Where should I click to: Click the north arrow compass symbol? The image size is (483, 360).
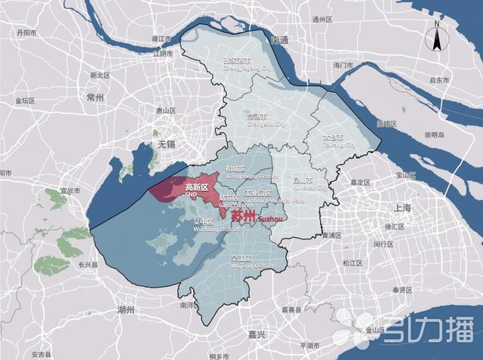coord(436,35)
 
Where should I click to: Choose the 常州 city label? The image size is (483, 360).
coord(96,97)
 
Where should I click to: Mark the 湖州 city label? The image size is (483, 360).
coord(125,310)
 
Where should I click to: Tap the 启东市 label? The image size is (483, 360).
coord(438,79)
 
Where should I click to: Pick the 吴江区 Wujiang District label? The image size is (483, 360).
coord(242,262)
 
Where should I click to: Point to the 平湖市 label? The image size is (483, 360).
coord(310,344)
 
